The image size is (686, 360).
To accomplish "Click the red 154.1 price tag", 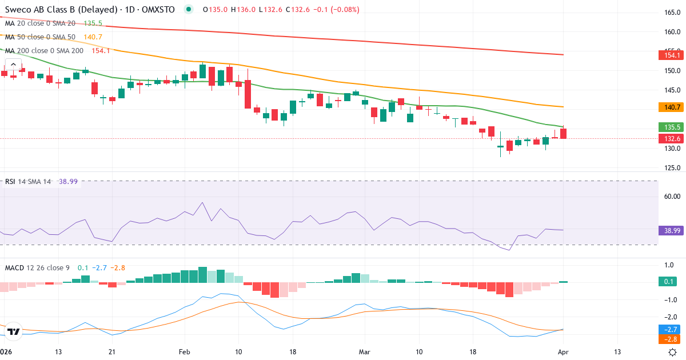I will coord(672,55).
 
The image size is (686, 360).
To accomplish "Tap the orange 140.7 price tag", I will coord(672,107).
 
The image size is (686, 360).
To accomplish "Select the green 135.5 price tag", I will coord(672,127).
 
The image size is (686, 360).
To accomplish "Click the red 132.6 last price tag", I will coord(672,139).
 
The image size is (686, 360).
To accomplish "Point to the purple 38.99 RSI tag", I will coord(672,230).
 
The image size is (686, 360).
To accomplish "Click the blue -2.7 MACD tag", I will coord(672,330).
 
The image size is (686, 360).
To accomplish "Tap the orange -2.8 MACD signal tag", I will coord(672,339).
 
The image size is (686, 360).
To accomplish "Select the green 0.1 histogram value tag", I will coord(672,282).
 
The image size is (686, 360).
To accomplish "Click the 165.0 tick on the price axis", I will coord(672,13).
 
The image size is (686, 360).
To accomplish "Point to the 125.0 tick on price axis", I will coord(672,168).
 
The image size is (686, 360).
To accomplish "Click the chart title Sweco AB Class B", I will coord(51,10).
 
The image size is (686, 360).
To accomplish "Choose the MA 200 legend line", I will coord(44,50).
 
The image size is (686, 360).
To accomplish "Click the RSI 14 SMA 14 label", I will coord(28,181).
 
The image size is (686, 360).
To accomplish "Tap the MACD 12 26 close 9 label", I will coord(37,267).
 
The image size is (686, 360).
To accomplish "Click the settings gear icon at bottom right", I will coord(673,351).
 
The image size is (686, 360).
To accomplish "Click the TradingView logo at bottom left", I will coord(14,331).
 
